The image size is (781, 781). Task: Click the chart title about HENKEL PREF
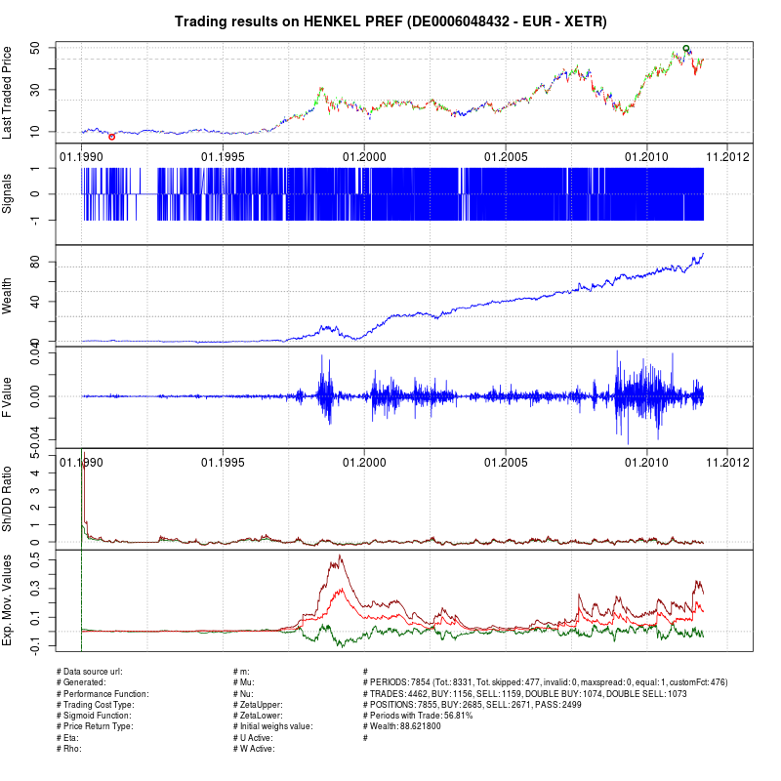coord(390,21)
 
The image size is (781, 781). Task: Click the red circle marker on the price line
coord(111,137)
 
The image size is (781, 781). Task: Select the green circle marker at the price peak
coord(686,48)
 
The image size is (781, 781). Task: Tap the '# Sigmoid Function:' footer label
coord(94,715)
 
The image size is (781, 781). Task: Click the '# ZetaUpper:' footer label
coord(261,704)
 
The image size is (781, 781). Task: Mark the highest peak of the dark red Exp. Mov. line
coord(340,556)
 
